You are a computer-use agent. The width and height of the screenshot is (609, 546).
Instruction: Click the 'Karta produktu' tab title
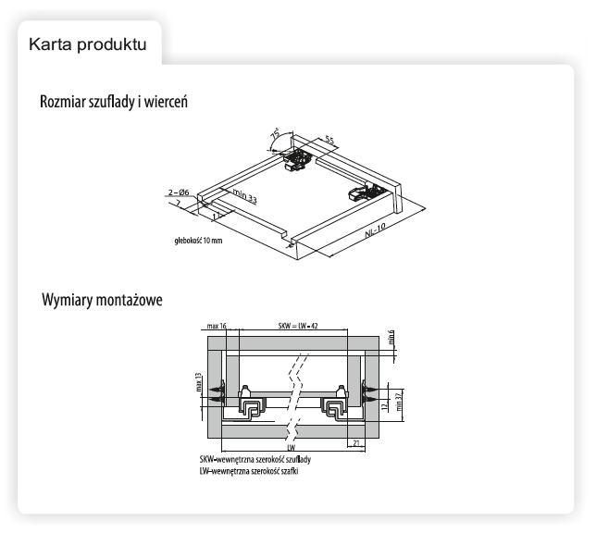[88, 43]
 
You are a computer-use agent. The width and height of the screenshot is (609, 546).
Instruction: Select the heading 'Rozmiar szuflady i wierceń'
[114, 101]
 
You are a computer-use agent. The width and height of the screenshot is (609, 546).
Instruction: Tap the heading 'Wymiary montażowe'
[102, 302]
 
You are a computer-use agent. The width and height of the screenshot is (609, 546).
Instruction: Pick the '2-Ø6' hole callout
[180, 192]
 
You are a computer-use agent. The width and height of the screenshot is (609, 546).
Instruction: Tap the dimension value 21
[355, 443]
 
